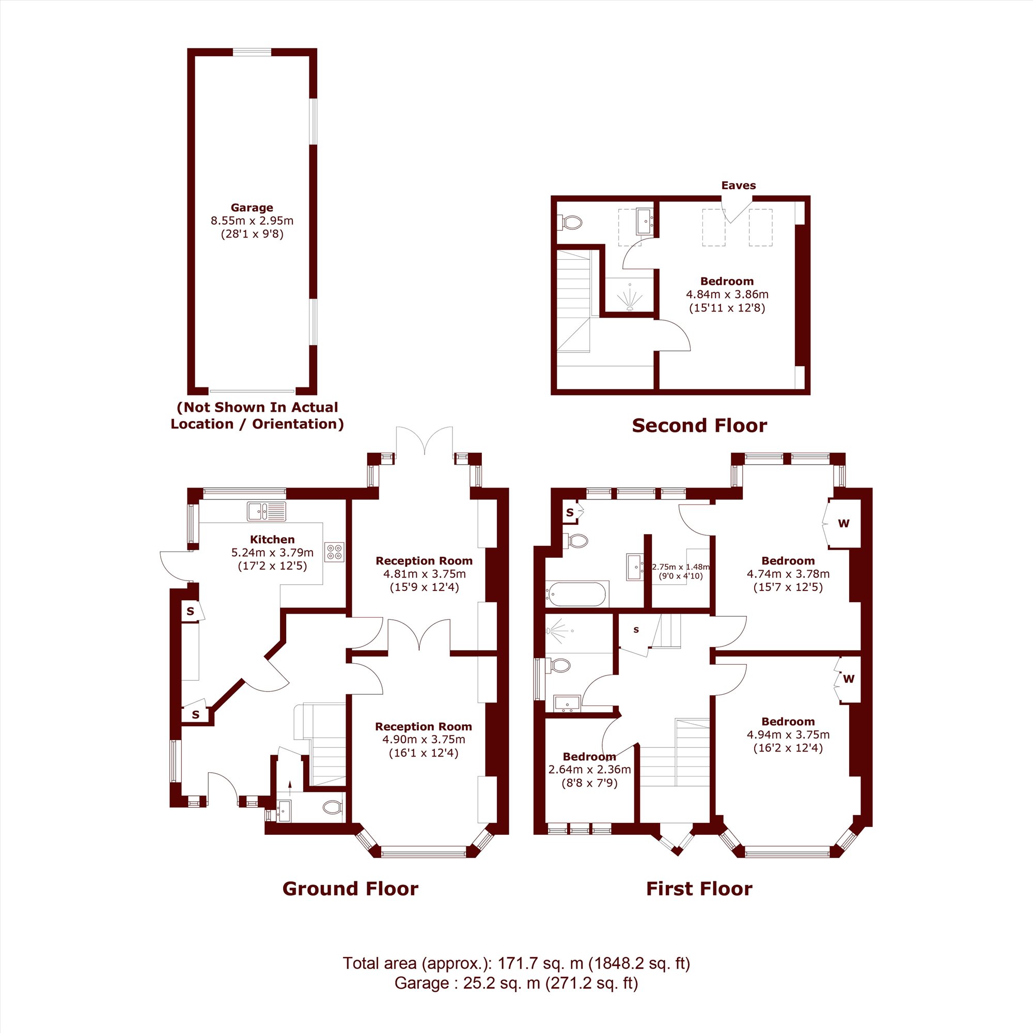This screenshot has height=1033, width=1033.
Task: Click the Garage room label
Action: coord(252,208)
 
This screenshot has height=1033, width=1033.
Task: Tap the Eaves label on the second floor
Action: coord(739,185)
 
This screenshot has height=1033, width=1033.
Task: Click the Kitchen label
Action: coord(272,540)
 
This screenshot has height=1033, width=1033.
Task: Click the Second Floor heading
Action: coord(699,426)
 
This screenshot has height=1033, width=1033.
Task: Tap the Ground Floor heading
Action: coord(350,888)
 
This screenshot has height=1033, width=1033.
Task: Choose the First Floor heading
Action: coord(699,888)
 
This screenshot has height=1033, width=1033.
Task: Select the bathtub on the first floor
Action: coord(576,594)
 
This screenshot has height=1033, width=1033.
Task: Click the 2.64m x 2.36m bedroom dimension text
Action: coord(590,770)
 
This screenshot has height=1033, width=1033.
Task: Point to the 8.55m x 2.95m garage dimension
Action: coord(252,221)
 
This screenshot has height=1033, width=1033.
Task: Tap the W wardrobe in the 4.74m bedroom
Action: coord(844,523)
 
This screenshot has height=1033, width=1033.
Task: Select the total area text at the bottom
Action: coord(516,978)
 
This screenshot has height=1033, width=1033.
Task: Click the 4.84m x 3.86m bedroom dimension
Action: coord(727,294)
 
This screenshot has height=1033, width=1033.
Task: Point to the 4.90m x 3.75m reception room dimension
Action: coord(424,740)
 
